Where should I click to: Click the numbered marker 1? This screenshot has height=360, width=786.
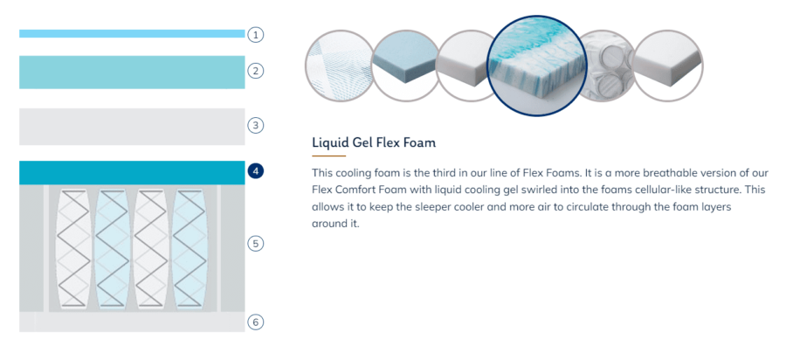click(x=256, y=35)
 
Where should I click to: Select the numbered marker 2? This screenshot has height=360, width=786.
click(x=256, y=71)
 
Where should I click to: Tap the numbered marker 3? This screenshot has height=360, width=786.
click(x=256, y=125)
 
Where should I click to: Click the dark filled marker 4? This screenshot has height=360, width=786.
click(x=256, y=171)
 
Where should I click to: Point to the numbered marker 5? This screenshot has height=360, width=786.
click(x=256, y=244)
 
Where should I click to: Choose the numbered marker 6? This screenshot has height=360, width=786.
click(x=256, y=322)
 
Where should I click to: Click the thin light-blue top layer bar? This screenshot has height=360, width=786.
click(x=132, y=33)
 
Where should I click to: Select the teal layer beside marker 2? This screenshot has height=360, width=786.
click(x=132, y=73)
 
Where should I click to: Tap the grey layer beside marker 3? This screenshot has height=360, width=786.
click(x=132, y=127)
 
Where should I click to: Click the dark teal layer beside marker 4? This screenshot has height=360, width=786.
click(x=132, y=172)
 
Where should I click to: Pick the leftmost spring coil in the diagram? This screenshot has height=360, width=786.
click(x=73, y=248)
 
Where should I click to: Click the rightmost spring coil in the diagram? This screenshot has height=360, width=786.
click(x=190, y=248)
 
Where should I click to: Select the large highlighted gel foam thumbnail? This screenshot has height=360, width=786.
click(x=537, y=66)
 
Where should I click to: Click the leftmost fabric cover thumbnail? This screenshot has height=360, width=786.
click(x=340, y=66)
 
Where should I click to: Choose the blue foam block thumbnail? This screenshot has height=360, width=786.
click(x=407, y=66)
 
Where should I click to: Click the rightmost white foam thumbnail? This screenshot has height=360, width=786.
click(x=668, y=66)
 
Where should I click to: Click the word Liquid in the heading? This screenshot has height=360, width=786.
click(x=327, y=143)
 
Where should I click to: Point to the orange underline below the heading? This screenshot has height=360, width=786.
click(x=329, y=156)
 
